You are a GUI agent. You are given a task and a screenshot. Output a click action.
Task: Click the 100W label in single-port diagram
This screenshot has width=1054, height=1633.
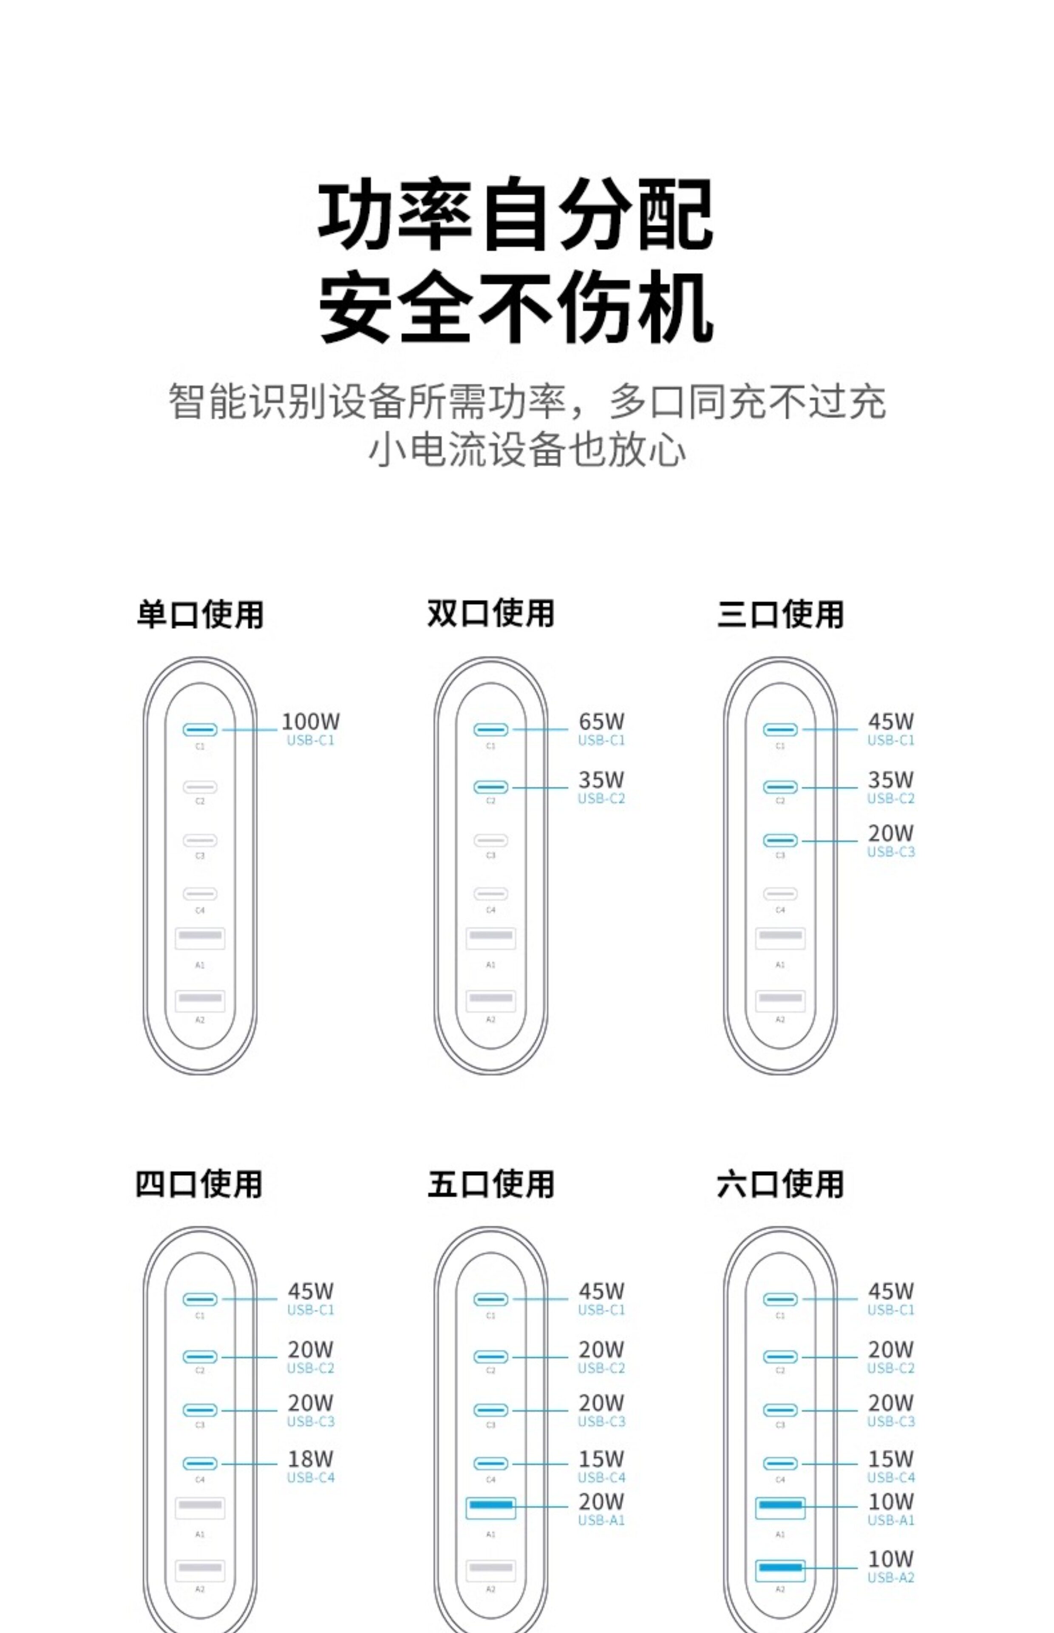coord(310,722)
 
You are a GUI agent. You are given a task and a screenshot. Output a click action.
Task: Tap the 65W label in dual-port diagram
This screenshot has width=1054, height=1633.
coord(601,722)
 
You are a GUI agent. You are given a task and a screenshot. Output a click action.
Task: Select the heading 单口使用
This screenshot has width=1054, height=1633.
coord(200,614)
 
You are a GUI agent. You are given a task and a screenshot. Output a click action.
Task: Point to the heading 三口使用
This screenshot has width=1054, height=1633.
coord(780,614)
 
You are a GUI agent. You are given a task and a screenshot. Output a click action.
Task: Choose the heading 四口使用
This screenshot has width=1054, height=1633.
coord(199,1184)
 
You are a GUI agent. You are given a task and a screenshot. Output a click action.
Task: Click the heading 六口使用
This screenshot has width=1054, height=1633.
coord(780,1184)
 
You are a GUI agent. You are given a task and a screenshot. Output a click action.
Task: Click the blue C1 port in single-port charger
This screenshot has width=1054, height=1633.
coord(200,730)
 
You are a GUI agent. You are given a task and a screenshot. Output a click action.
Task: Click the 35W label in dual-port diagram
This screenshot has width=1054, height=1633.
coord(601,780)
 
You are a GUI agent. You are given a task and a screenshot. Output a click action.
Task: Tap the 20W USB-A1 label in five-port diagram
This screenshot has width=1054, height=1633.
coord(601,1502)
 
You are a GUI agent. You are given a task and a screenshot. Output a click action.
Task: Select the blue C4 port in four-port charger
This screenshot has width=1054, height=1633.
coord(200,1464)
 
